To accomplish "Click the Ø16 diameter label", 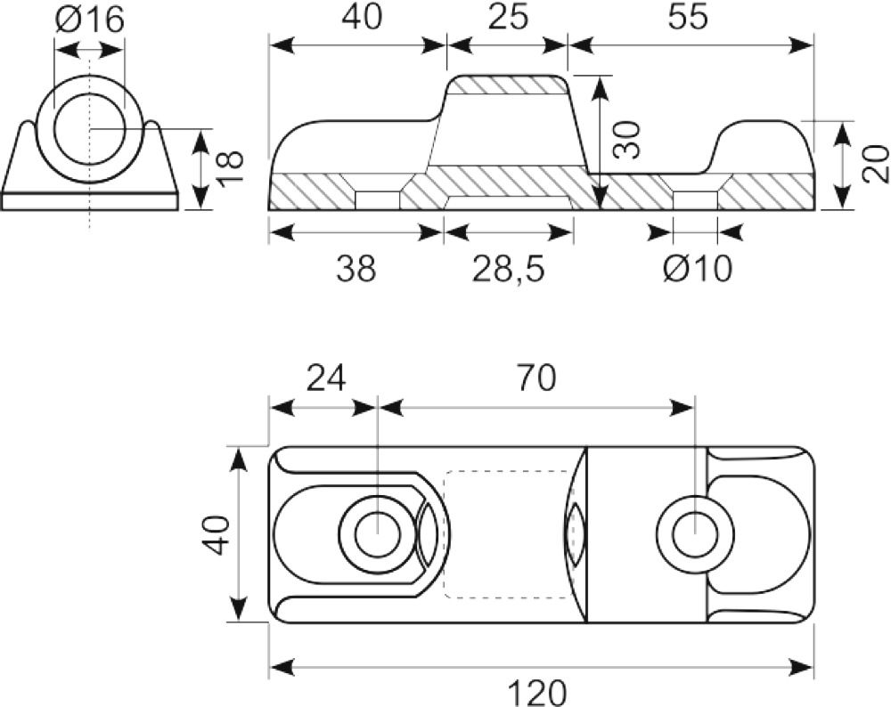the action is click(x=89, y=20).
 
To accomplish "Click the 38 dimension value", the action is click(x=356, y=268).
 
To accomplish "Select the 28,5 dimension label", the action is click(x=508, y=268).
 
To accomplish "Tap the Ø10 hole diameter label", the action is click(x=697, y=268).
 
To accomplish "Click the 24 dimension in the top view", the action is click(x=326, y=378).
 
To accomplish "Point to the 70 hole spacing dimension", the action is click(x=535, y=378).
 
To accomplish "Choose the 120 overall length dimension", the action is click(x=537, y=692).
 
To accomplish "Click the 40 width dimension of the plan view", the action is click(x=216, y=535).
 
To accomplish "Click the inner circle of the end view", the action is click(x=89, y=129).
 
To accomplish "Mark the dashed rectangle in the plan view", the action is click(x=509, y=533).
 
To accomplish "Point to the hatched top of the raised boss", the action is click(x=507, y=85).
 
